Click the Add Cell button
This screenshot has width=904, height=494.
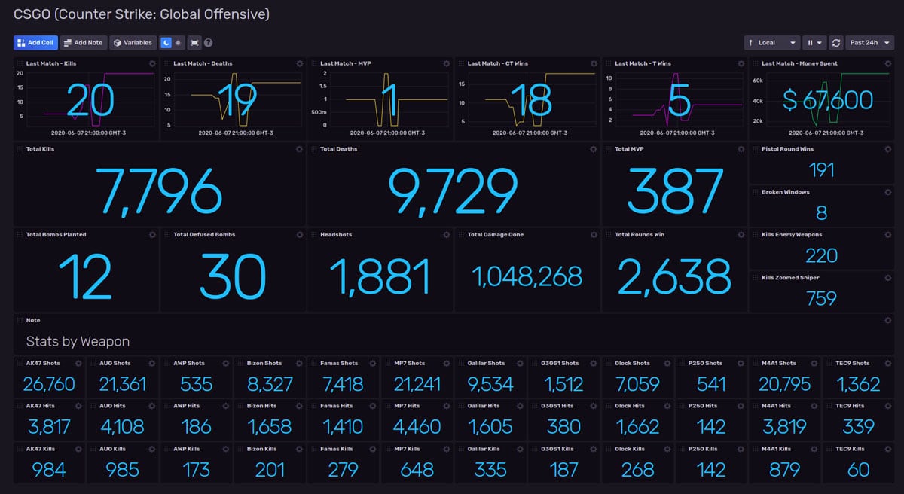point(35,43)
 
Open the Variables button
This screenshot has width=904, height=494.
point(133,43)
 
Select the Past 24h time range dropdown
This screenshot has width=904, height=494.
point(869,43)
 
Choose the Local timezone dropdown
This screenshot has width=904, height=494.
point(771,43)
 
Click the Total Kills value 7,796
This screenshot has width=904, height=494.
point(159,191)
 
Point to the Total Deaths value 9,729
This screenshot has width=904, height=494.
point(453,191)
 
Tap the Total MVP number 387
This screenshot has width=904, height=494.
point(674,191)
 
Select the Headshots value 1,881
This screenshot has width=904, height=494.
point(380,276)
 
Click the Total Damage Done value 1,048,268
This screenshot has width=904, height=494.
point(527,276)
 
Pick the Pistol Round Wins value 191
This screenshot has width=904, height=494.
point(821,169)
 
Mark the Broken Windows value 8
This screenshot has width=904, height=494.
point(821,212)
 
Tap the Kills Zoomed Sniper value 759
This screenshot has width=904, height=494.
point(821,298)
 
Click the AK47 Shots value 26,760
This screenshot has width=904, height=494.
point(49,384)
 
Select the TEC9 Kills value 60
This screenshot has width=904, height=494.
point(858,470)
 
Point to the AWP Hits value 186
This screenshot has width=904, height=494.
point(196,427)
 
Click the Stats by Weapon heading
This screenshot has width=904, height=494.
point(78,342)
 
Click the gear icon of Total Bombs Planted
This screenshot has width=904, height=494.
point(152,235)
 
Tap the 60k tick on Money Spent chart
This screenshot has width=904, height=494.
point(758,80)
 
